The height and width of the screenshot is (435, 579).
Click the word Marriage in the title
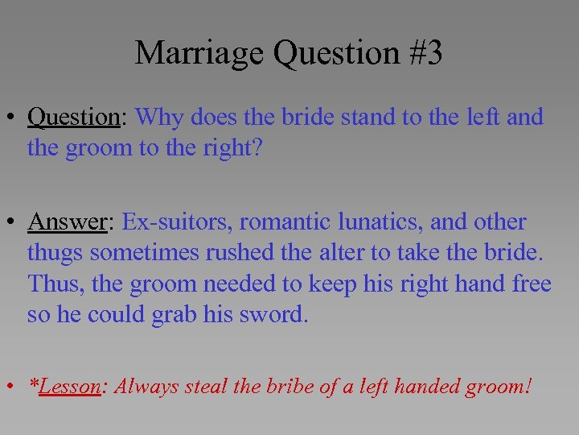pyautogui.click(x=200, y=53)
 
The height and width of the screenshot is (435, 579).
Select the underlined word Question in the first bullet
pyautogui.click(x=73, y=118)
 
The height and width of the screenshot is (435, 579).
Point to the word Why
pyautogui.click(x=159, y=118)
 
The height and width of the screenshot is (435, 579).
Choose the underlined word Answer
pyautogui.click(x=67, y=222)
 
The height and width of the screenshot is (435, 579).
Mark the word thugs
pyautogui.click(x=55, y=253)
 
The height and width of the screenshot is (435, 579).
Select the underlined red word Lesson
pyautogui.click(x=69, y=387)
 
